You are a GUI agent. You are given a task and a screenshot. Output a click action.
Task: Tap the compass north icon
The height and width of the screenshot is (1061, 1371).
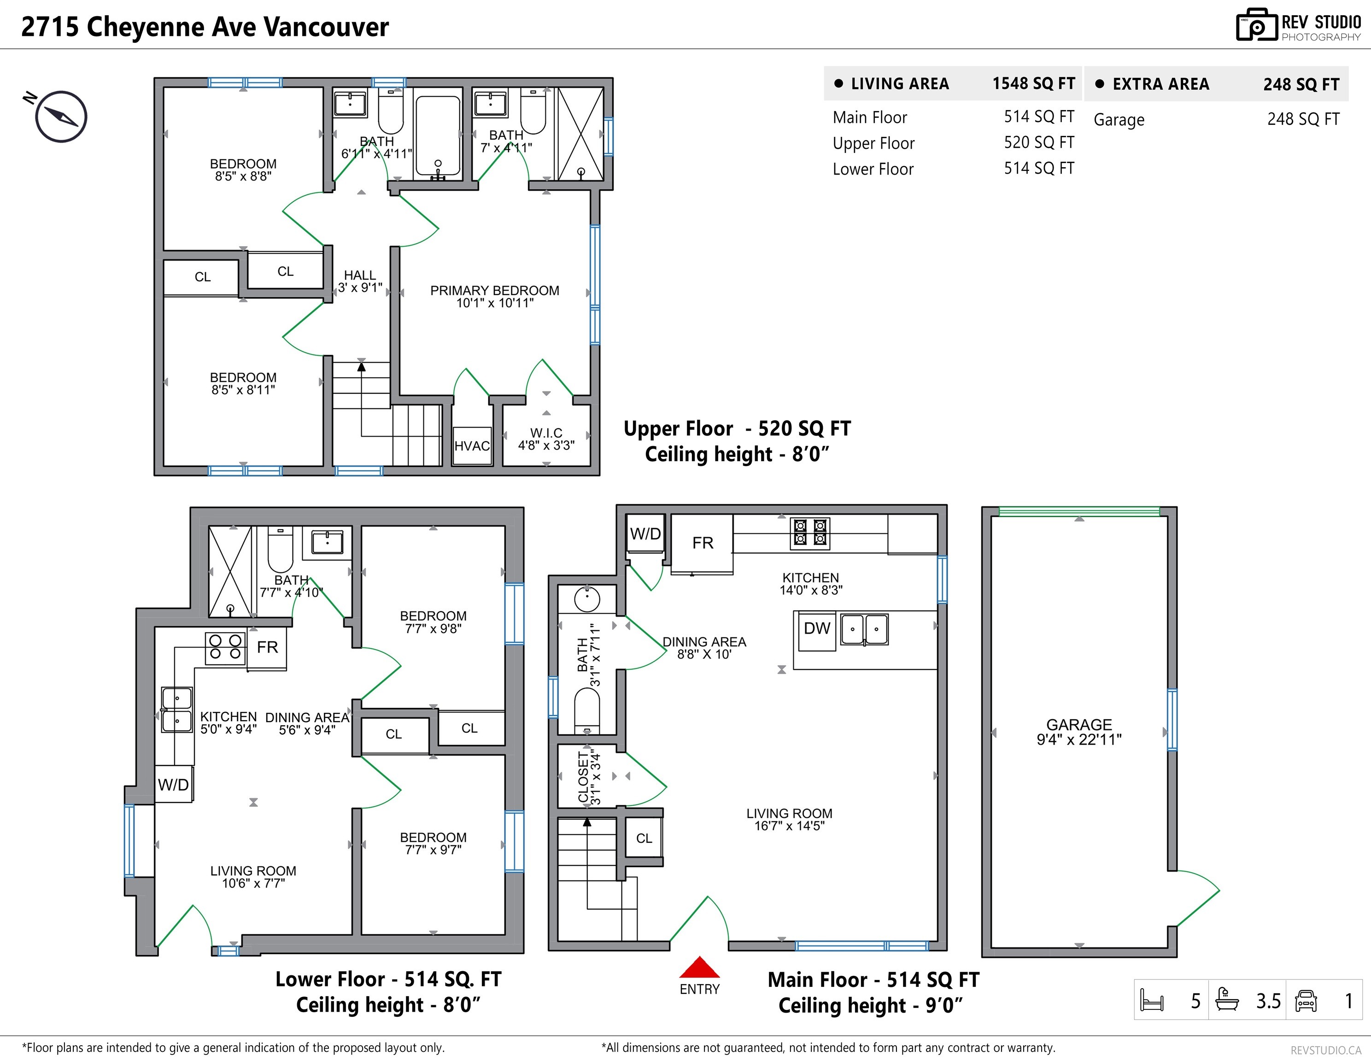[60, 117]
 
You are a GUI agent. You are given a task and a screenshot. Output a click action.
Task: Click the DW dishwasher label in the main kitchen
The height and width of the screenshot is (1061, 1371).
[817, 628]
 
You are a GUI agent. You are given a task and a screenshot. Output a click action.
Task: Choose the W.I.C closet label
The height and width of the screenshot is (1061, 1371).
[545, 438]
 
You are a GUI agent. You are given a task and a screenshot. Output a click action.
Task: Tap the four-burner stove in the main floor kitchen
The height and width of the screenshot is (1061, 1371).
[810, 532]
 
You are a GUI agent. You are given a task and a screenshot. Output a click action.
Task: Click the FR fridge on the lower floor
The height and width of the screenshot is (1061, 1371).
[267, 647]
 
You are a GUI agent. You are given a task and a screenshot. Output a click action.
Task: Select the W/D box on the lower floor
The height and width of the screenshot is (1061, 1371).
[173, 784]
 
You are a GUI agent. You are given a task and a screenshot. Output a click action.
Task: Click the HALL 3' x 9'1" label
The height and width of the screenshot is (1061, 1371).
[360, 281]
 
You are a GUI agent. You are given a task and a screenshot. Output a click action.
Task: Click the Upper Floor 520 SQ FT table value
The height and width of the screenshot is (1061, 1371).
[1038, 142]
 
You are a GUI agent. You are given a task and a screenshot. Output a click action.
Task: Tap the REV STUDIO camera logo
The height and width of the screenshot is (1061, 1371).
[1256, 26]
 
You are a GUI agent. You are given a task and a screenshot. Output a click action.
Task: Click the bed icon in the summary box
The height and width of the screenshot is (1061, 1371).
[1151, 1000]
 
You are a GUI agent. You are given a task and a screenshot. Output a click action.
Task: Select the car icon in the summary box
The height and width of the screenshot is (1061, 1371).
[1306, 1000]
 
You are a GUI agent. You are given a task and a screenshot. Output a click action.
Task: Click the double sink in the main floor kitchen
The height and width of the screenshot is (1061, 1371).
[864, 629]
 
